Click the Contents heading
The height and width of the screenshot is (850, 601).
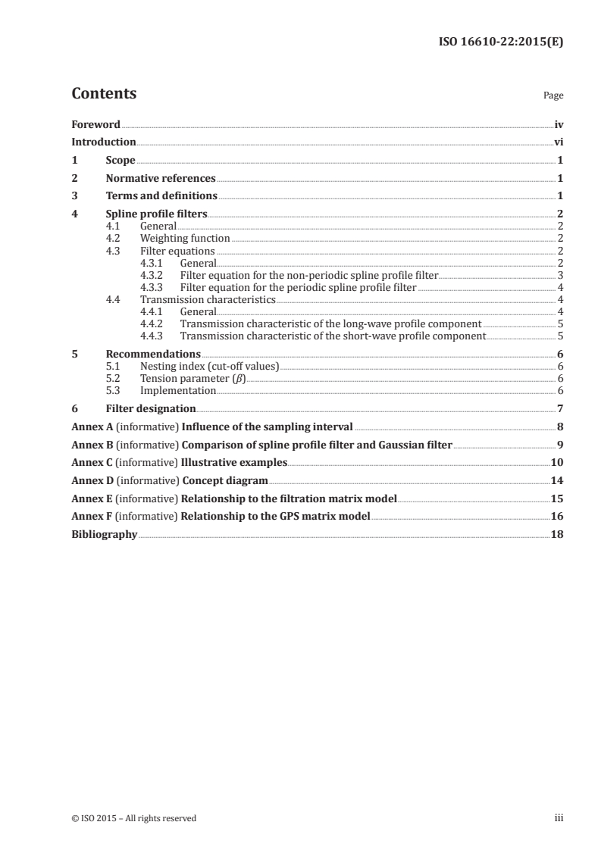pyautogui.click(x=104, y=94)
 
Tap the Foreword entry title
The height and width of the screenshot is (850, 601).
pyautogui.click(x=95, y=124)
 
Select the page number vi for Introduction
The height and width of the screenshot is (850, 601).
pyautogui.click(x=558, y=142)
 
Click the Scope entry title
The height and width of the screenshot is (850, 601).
pyautogui.click(x=121, y=161)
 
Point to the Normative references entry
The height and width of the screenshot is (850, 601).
pyautogui.click(x=161, y=179)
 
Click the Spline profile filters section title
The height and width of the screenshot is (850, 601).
pyautogui.click(x=157, y=214)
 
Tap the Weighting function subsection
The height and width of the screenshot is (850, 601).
pyautogui.click(x=185, y=238)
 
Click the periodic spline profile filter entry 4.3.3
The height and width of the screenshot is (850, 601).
pyautogui.click(x=298, y=287)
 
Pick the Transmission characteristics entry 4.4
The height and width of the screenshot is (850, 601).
pyautogui.click(x=208, y=299)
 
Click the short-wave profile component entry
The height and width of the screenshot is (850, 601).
pyautogui.click(x=332, y=336)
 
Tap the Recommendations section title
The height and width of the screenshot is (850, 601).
pyautogui.click(x=153, y=354)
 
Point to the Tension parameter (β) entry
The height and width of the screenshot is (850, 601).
pyautogui.click(x=193, y=378)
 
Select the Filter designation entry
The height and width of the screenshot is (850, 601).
pyautogui.click(x=151, y=408)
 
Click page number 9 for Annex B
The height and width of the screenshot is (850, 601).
pyautogui.click(x=559, y=445)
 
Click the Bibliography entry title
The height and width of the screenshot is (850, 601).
pyautogui.click(x=104, y=534)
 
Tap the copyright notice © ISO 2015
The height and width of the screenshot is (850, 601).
pyautogui.click(x=133, y=817)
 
